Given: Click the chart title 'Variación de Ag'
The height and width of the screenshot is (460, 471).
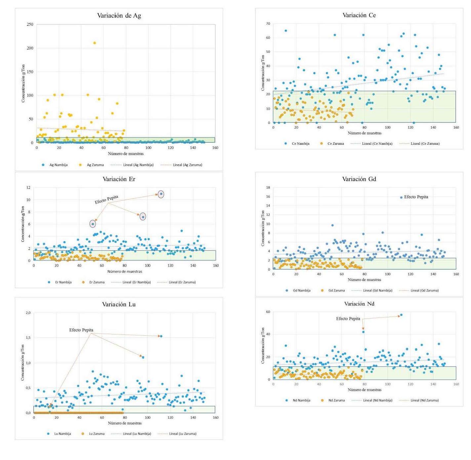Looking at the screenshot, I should click(x=119, y=16).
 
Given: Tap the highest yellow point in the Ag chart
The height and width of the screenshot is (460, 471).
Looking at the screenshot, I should click(x=95, y=43).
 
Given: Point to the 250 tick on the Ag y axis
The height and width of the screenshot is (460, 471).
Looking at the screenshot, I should click(x=30, y=24).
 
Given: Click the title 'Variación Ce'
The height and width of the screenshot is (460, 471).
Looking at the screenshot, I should click(x=359, y=15).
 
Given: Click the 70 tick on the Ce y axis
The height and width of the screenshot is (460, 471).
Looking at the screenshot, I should click(x=268, y=24).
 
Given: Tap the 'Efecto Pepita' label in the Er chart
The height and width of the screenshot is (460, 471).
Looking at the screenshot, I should click(x=106, y=199).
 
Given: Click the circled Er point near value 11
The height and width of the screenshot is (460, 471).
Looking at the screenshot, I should click(x=161, y=194).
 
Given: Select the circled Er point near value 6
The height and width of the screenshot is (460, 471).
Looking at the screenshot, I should click(x=93, y=224).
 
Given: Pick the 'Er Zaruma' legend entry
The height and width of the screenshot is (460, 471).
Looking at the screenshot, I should click(x=97, y=282).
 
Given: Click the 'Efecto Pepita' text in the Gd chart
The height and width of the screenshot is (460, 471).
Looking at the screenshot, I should click(x=416, y=197).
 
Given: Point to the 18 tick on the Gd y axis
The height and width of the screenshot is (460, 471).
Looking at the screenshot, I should click(x=268, y=188).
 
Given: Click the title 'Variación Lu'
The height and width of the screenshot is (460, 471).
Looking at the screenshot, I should click(x=119, y=304).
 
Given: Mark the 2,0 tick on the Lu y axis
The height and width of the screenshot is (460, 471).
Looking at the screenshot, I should click(x=28, y=313).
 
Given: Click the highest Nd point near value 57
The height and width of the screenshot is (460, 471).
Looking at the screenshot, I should click(x=401, y=315).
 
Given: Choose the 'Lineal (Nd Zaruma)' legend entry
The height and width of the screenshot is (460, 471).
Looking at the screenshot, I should click(x=424, y=400).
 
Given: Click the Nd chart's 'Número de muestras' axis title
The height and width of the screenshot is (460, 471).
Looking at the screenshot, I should click(x=364, y=390).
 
